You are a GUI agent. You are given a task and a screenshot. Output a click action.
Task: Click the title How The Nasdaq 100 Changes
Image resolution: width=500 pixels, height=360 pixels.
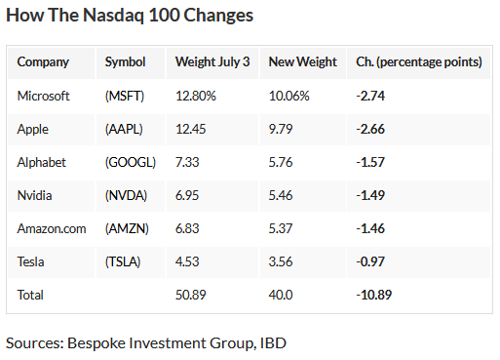130,17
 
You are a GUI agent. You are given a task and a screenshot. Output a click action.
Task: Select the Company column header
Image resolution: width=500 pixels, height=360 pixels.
43,61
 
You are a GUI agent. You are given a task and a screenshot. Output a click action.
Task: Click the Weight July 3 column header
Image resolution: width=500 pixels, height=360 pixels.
212,61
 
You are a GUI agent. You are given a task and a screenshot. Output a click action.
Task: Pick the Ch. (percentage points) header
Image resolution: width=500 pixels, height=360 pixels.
414,61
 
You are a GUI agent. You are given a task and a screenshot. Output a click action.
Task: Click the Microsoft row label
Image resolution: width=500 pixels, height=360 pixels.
44,95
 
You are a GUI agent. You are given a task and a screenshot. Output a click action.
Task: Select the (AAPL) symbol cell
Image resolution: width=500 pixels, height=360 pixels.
126,128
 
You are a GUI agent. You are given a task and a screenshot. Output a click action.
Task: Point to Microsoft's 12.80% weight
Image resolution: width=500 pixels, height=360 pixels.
196,95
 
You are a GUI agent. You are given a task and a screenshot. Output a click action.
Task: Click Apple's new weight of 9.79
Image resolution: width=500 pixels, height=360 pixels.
283,128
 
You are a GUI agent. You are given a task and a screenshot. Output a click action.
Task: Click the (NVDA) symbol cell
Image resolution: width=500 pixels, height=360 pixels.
126,194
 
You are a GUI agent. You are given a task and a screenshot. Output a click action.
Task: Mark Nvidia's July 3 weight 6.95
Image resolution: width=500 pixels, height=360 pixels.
188,194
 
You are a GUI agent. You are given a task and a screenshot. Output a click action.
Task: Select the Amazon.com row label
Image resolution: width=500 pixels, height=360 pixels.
51,227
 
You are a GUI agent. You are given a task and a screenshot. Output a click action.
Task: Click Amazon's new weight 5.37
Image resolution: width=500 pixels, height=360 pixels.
283,227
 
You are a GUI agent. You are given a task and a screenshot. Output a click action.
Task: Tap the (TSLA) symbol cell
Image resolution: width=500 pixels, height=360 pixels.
125,260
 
